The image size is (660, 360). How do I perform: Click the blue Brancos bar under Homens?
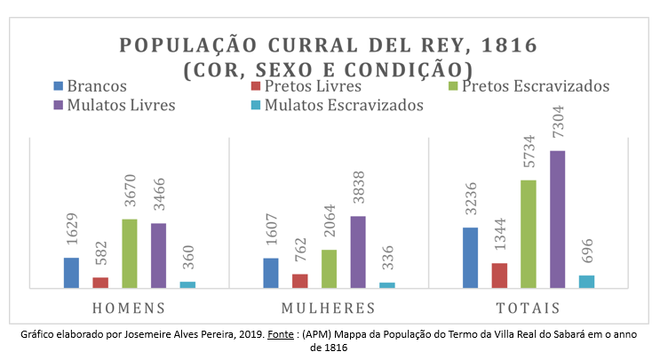(x=71, y=273)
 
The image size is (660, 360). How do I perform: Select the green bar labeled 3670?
(x=130, y=253)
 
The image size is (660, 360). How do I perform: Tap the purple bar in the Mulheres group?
(x=358, y=252)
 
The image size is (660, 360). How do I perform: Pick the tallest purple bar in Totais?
(x=557, y=220)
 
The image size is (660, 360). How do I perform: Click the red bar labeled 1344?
(x=499, y=276)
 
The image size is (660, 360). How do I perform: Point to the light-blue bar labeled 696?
(x=586, y=282)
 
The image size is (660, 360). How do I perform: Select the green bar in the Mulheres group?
(x=329, y=268)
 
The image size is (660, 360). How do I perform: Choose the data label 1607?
(x=272, y=231)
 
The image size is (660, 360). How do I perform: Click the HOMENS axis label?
(x=130, y=308)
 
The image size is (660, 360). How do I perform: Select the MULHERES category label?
(x=328, y=308)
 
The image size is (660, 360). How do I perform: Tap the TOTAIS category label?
(x=529, y=308)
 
